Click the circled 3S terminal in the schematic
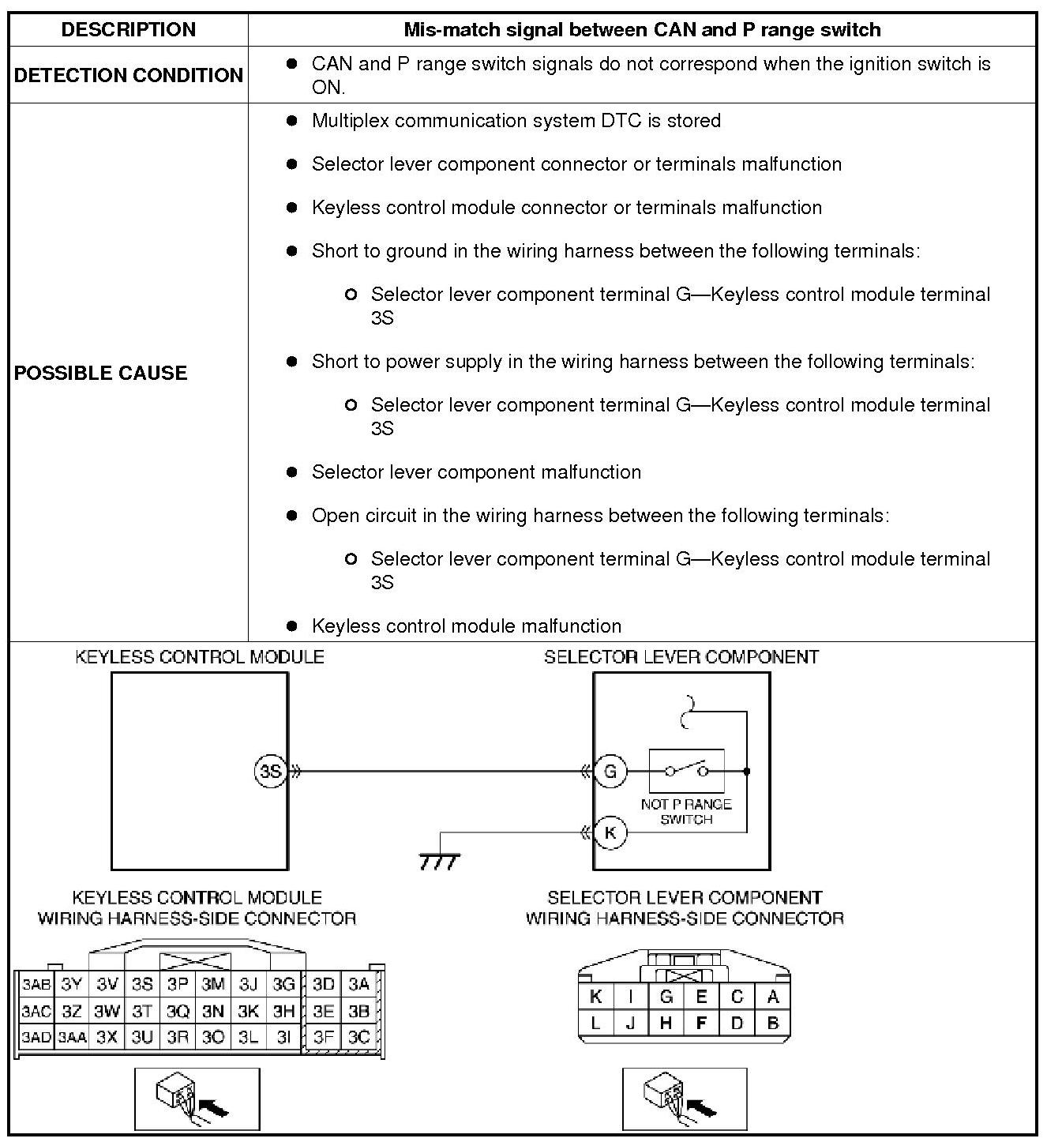[x=271, y=771]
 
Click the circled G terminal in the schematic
[x=610, y=771]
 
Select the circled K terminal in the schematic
[x=610, y=832]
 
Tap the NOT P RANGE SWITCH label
[x=686, y=812]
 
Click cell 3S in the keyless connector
[x=142, y=984]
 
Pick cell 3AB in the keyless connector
[x=36, y=984]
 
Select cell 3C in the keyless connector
[x=359, y=1037]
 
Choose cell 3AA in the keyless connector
[x=71, y=1037]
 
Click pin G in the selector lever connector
[x=666, y=997]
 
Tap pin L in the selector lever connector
[x=595, y=1024]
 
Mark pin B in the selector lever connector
[x=772, y=1024]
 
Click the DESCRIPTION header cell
[x=129, y=30]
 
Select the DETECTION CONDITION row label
[x=129, y=75]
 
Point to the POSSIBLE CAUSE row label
[x=101, y=373]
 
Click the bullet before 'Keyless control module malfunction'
[x=292, y=626]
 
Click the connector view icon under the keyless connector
[x=197, y=1099]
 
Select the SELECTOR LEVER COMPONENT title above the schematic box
[x=681, y=657]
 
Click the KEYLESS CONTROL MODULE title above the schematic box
[x=199, y=657]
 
